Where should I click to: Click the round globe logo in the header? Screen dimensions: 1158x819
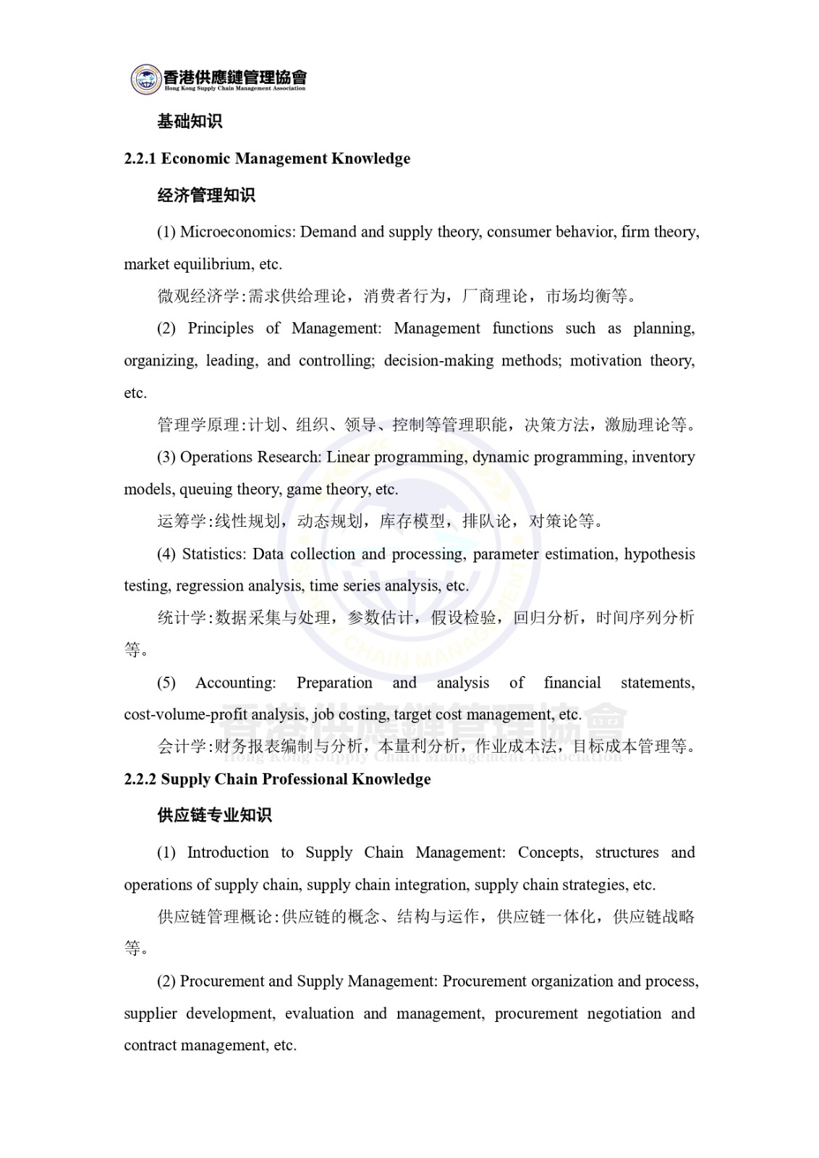click(147, 79)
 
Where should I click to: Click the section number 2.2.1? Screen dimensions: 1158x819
click(140, 159)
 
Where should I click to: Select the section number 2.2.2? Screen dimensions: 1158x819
click(140, 779)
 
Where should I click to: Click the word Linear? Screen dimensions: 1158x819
click(348, 457)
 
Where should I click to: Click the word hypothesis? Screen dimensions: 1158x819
click(659, 554)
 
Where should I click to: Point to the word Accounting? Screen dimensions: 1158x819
click(235, 682)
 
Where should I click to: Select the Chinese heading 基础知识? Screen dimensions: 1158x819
click(190, 121)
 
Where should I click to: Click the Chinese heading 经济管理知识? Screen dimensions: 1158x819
click(206, 195)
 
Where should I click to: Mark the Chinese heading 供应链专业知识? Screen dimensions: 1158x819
click(214, 815)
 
